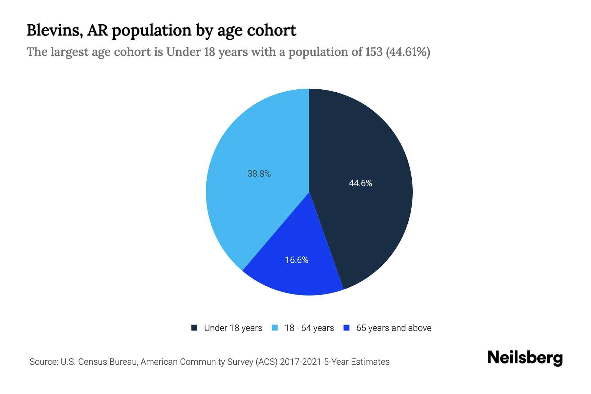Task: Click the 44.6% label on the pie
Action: coord(360,183)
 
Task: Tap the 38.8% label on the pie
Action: coord(259,174)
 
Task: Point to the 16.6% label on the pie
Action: coord(296,260)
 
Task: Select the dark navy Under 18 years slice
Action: coord(368,148)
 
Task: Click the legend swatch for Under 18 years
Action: coord(194,328)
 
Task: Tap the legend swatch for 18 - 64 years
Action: coord(275,328)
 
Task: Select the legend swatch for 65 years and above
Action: coord(346,328)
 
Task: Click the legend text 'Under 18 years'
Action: coord(233,328)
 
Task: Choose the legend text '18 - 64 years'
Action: coord(309,328)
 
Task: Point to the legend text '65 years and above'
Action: coord(394,328)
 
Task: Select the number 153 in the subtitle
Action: coord(374,52)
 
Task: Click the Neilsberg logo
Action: coord(525,358)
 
